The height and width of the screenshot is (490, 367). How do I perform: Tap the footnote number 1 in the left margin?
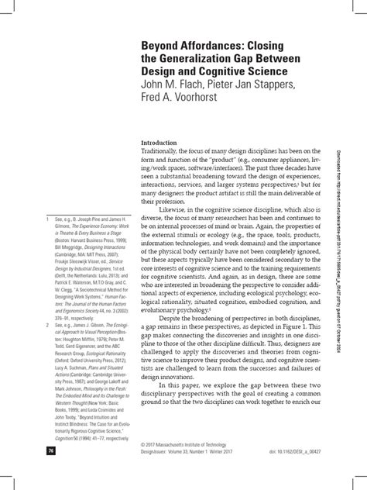[49, 218]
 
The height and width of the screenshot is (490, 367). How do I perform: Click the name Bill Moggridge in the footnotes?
[76, 241]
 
